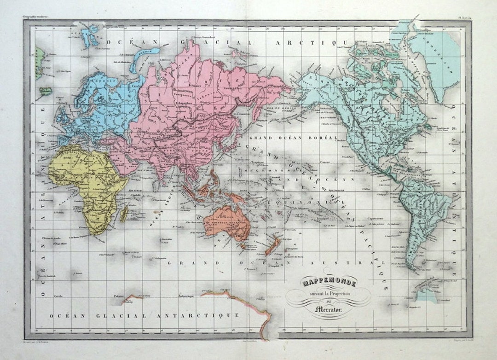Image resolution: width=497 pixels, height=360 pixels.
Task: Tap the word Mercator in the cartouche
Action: [328, 309]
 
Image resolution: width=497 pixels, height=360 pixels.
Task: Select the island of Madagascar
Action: [124, 214]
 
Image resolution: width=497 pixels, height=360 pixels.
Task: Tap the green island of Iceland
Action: [45, 91]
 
